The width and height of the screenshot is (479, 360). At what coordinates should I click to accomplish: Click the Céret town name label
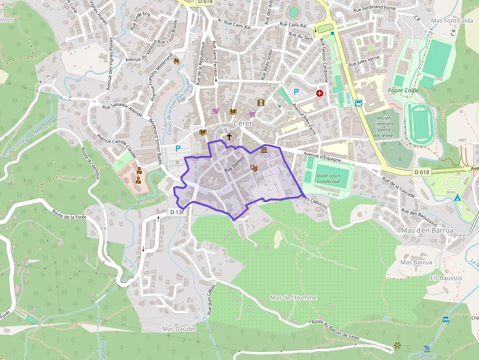click(x=242, y=123)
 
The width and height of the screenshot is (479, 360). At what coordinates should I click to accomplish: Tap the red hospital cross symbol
click(x=320, y=93)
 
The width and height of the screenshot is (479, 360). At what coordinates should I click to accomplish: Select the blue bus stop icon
click(x=359, y=103)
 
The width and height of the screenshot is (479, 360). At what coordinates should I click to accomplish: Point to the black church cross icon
click(x=229, y=137)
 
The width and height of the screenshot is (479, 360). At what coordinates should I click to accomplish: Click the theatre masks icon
click(x=254, y=168)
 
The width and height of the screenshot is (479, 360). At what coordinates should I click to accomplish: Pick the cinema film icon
click(x=261, y=103)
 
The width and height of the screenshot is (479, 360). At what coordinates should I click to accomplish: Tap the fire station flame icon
click(x=176, y=61)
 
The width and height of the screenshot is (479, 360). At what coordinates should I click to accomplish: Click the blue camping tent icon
click(x=457, y=198)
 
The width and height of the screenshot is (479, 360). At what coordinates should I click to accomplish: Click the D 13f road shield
click(x=176, y=212)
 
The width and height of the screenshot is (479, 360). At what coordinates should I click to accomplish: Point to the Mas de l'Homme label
click(x=293, y=297)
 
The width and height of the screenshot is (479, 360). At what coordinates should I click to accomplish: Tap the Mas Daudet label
click(x=179, y=329)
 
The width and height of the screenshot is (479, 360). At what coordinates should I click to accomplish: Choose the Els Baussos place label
click(x=446, y=278)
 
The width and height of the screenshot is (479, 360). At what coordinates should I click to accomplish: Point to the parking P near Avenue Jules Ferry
click(x=296, y=91)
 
